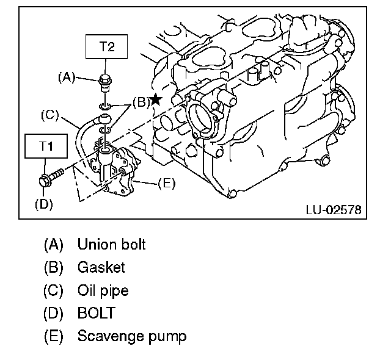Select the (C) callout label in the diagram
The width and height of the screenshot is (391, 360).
pos(49,114)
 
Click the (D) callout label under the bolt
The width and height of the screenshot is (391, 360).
pos(44,204)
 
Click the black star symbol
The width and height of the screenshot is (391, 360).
pos(156,99)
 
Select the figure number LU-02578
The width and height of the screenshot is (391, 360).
pos(332,210)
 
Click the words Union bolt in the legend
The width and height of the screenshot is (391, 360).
pos(111,245)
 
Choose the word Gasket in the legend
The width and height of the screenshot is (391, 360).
pos(101,267)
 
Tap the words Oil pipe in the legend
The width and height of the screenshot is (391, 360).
pos(103,290)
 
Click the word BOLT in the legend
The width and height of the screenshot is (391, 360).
pos(95,313)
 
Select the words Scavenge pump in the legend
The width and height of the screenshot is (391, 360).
pos(131,336)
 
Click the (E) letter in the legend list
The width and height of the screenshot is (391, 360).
pos(54,336)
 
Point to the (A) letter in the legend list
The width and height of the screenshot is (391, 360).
pos(54,245)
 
